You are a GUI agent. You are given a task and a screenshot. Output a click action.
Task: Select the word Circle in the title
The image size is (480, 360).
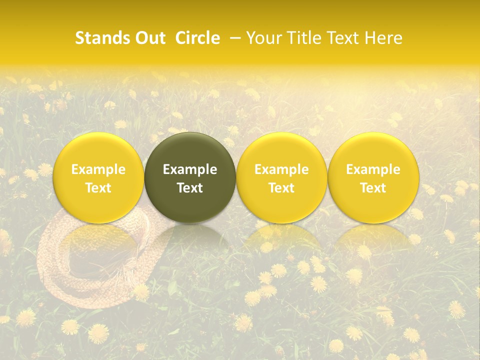[197, 38]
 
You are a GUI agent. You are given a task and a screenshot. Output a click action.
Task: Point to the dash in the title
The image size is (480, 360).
[233, 38]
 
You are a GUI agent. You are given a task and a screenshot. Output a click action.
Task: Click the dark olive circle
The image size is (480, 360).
[190, 150]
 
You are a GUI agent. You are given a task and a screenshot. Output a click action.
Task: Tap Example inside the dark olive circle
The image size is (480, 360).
[190, 169]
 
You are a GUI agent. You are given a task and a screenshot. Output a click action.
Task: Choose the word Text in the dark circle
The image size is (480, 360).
[190, 188]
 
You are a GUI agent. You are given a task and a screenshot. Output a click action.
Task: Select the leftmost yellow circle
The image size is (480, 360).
[98, 150]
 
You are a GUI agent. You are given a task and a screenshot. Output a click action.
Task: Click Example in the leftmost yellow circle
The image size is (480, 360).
[98, 169]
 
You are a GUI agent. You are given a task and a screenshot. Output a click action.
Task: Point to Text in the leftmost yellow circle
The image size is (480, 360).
[98, 188]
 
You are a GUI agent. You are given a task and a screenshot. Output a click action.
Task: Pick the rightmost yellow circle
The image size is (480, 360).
[373, 150]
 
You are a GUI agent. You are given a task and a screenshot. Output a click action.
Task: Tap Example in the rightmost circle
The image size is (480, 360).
[373, 169]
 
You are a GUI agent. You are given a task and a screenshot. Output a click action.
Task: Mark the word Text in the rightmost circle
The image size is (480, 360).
[373, 188]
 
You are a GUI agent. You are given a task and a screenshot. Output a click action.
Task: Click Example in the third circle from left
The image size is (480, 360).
[281, 169]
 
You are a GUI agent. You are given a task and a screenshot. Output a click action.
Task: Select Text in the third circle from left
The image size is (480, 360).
[281, 188]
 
